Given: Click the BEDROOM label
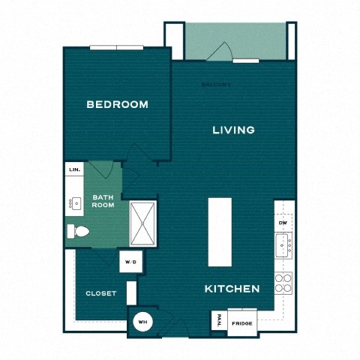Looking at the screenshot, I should tap(117, 104).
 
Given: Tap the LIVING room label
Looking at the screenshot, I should tap(233, 130).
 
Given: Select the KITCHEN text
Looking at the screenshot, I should tap(232, 288).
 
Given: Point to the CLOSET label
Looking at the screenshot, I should tap(100, 293).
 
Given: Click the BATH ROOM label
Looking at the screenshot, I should tap(103, 202).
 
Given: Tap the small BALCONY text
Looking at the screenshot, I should tap(217, 85).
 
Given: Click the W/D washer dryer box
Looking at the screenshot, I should tap(130, 262).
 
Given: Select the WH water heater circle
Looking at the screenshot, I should tap(141, 323).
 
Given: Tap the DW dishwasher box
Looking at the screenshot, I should tap(283, 223).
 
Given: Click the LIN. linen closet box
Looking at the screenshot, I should tap(74, 170).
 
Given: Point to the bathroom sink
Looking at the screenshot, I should tap(75, 202).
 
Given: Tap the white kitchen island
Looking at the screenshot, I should tap(219, 232).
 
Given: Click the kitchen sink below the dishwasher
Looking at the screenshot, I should tap(283, 244).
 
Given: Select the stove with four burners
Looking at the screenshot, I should tap(283, 282).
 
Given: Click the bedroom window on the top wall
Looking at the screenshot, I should tap(116, 48).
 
